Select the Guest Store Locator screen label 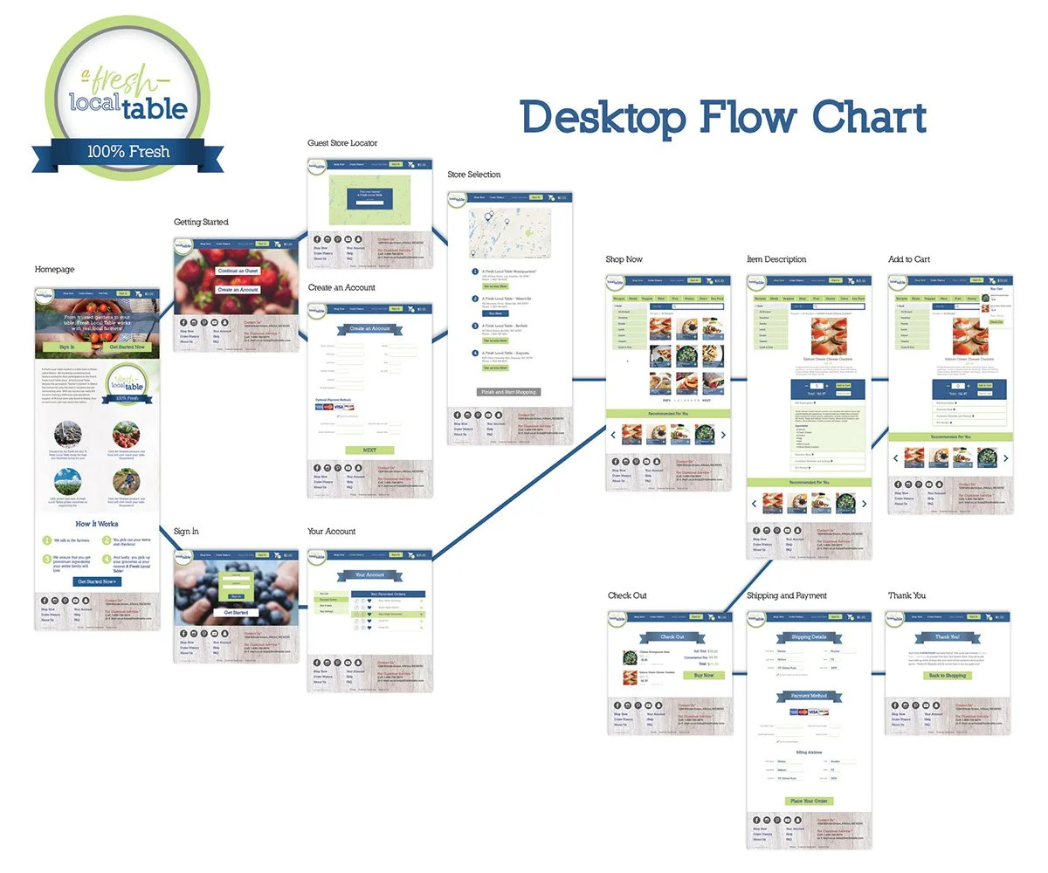tap(342, 143)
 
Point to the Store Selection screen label tap(474, 175)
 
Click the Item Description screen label tap(776, 259)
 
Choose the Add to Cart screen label tap(908, 259)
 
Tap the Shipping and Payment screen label tap(787, 595)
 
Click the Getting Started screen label tap(200, 223)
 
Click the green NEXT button tap(369, 450)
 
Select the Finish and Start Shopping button tap(508, 393)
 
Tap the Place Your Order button tap(809, 801)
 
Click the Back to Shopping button tap(948, 676)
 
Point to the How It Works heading tap(96, 524)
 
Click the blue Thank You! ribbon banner tap(948, 637)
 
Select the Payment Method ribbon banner tap(809, 696)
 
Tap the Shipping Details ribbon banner tap(809, 637)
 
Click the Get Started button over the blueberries tap(236, 613)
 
